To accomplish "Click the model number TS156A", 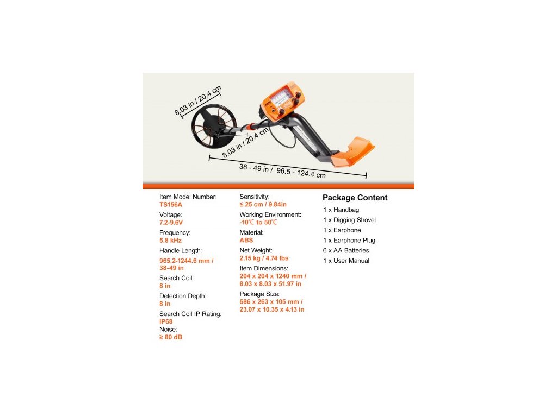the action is (171, 205).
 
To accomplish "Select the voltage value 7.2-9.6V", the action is (171, 223).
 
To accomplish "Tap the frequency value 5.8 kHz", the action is (170, 241).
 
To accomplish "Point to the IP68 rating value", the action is (166, 321).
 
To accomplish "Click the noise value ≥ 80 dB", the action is (171, 337).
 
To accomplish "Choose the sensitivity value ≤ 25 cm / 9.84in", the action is (263, 205).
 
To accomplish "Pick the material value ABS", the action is (246, 241).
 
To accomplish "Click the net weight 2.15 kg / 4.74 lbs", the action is (264, 258).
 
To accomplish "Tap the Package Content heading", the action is (355, 198).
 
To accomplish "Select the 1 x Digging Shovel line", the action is (349, 220).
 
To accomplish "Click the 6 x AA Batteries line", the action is (346, 250).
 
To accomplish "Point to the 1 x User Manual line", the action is (346, 261).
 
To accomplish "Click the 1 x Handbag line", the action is (341, 210).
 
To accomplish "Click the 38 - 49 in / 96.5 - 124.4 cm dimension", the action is (282, 170).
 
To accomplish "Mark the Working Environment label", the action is (270, 215).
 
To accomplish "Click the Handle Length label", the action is (181, 251).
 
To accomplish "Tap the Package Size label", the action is (259, 294).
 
